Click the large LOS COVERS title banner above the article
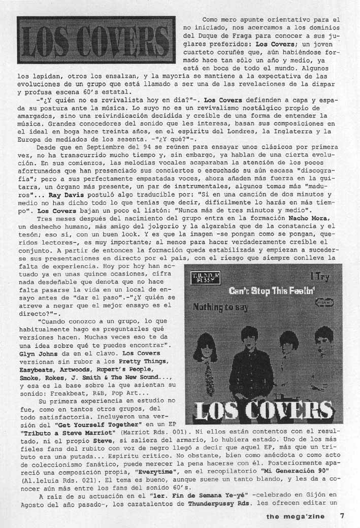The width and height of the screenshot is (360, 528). pos(96,40)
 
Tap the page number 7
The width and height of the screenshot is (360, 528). pos(343,516)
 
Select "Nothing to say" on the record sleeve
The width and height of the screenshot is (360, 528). pos(220,306)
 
